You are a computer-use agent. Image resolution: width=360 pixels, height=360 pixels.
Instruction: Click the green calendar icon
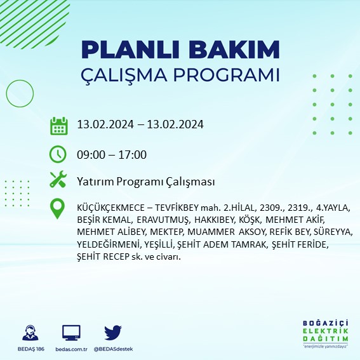point(58,126)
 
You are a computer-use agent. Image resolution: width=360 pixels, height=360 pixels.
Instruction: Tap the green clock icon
point(58,154)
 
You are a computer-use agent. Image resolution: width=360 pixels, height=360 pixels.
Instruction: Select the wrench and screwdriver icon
point(58,180)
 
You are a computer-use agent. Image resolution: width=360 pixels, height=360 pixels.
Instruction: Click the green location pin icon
point(58,209)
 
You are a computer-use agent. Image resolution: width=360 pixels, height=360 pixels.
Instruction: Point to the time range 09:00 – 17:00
point(111,155)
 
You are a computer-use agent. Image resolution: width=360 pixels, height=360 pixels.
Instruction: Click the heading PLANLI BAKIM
point(181,50)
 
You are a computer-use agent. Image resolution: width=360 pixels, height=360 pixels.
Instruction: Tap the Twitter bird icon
point(113,332)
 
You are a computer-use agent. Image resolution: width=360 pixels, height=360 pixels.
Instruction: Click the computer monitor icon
point(71,333)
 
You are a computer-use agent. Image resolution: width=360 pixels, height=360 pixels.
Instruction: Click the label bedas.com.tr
point(71,349)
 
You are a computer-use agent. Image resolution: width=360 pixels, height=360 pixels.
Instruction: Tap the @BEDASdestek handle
point(113,349)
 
